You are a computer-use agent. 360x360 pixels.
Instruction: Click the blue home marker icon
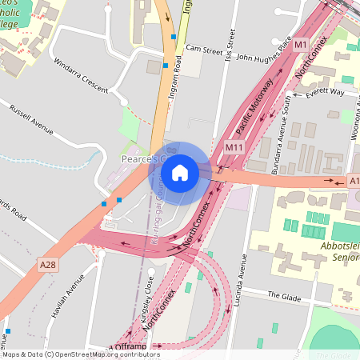point(180,173)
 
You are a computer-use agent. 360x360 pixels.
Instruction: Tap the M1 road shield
point(301,46)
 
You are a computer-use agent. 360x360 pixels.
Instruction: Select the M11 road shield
point(234,147)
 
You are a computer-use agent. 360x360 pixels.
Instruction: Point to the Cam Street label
point(203,49)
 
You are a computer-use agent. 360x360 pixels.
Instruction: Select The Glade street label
point(284,295)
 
